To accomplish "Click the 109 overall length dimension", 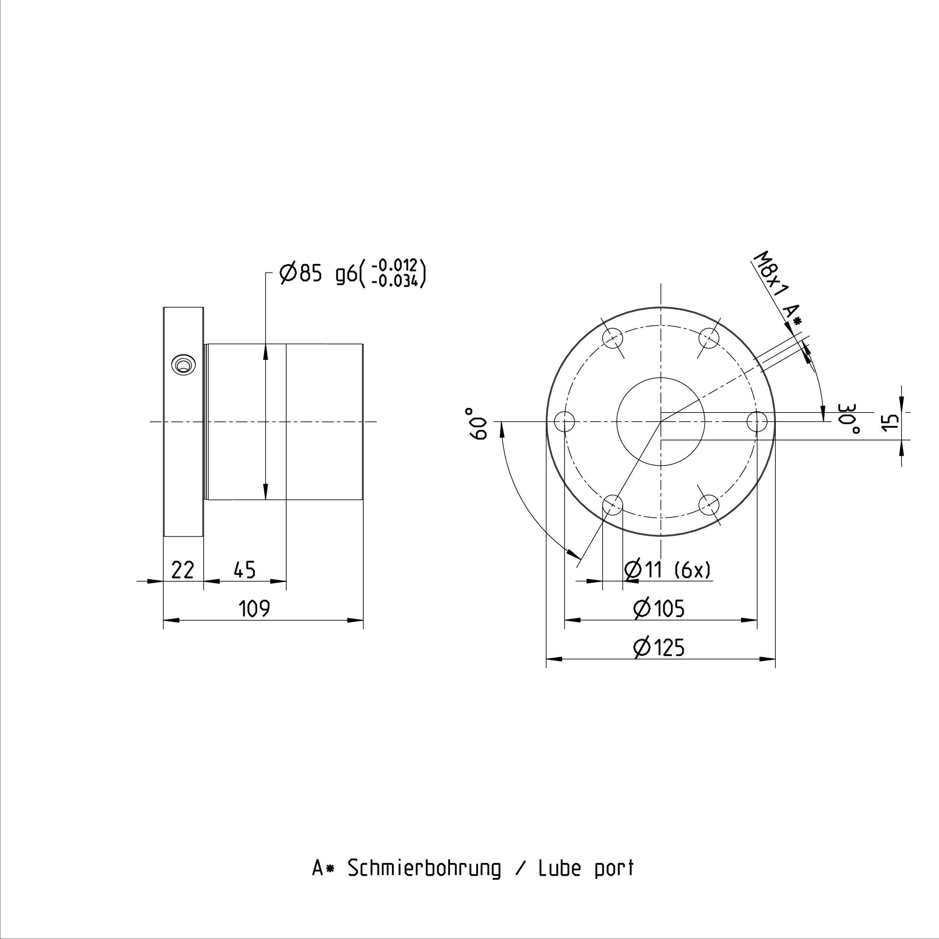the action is click(x=254, y=608).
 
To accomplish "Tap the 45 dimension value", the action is click(x=244, y=570).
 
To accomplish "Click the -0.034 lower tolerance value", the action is click(x=394, y=281).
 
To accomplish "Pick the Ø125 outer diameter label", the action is click(x=659, y=647).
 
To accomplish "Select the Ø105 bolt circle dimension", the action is click(x=659, y=608).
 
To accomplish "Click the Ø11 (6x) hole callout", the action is click(x=668, y=570).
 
